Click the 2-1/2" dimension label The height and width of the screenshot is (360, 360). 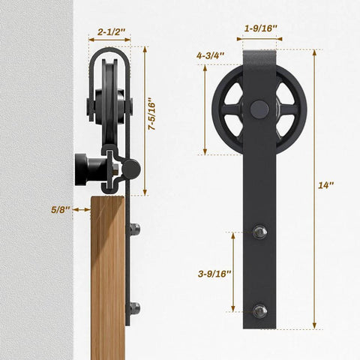point(110,32)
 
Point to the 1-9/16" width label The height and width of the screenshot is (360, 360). point(261,29)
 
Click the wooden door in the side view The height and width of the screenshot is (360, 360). point(107,285)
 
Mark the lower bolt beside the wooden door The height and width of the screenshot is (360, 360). point(134,306)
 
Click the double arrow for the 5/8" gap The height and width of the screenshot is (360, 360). point(82,209)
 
